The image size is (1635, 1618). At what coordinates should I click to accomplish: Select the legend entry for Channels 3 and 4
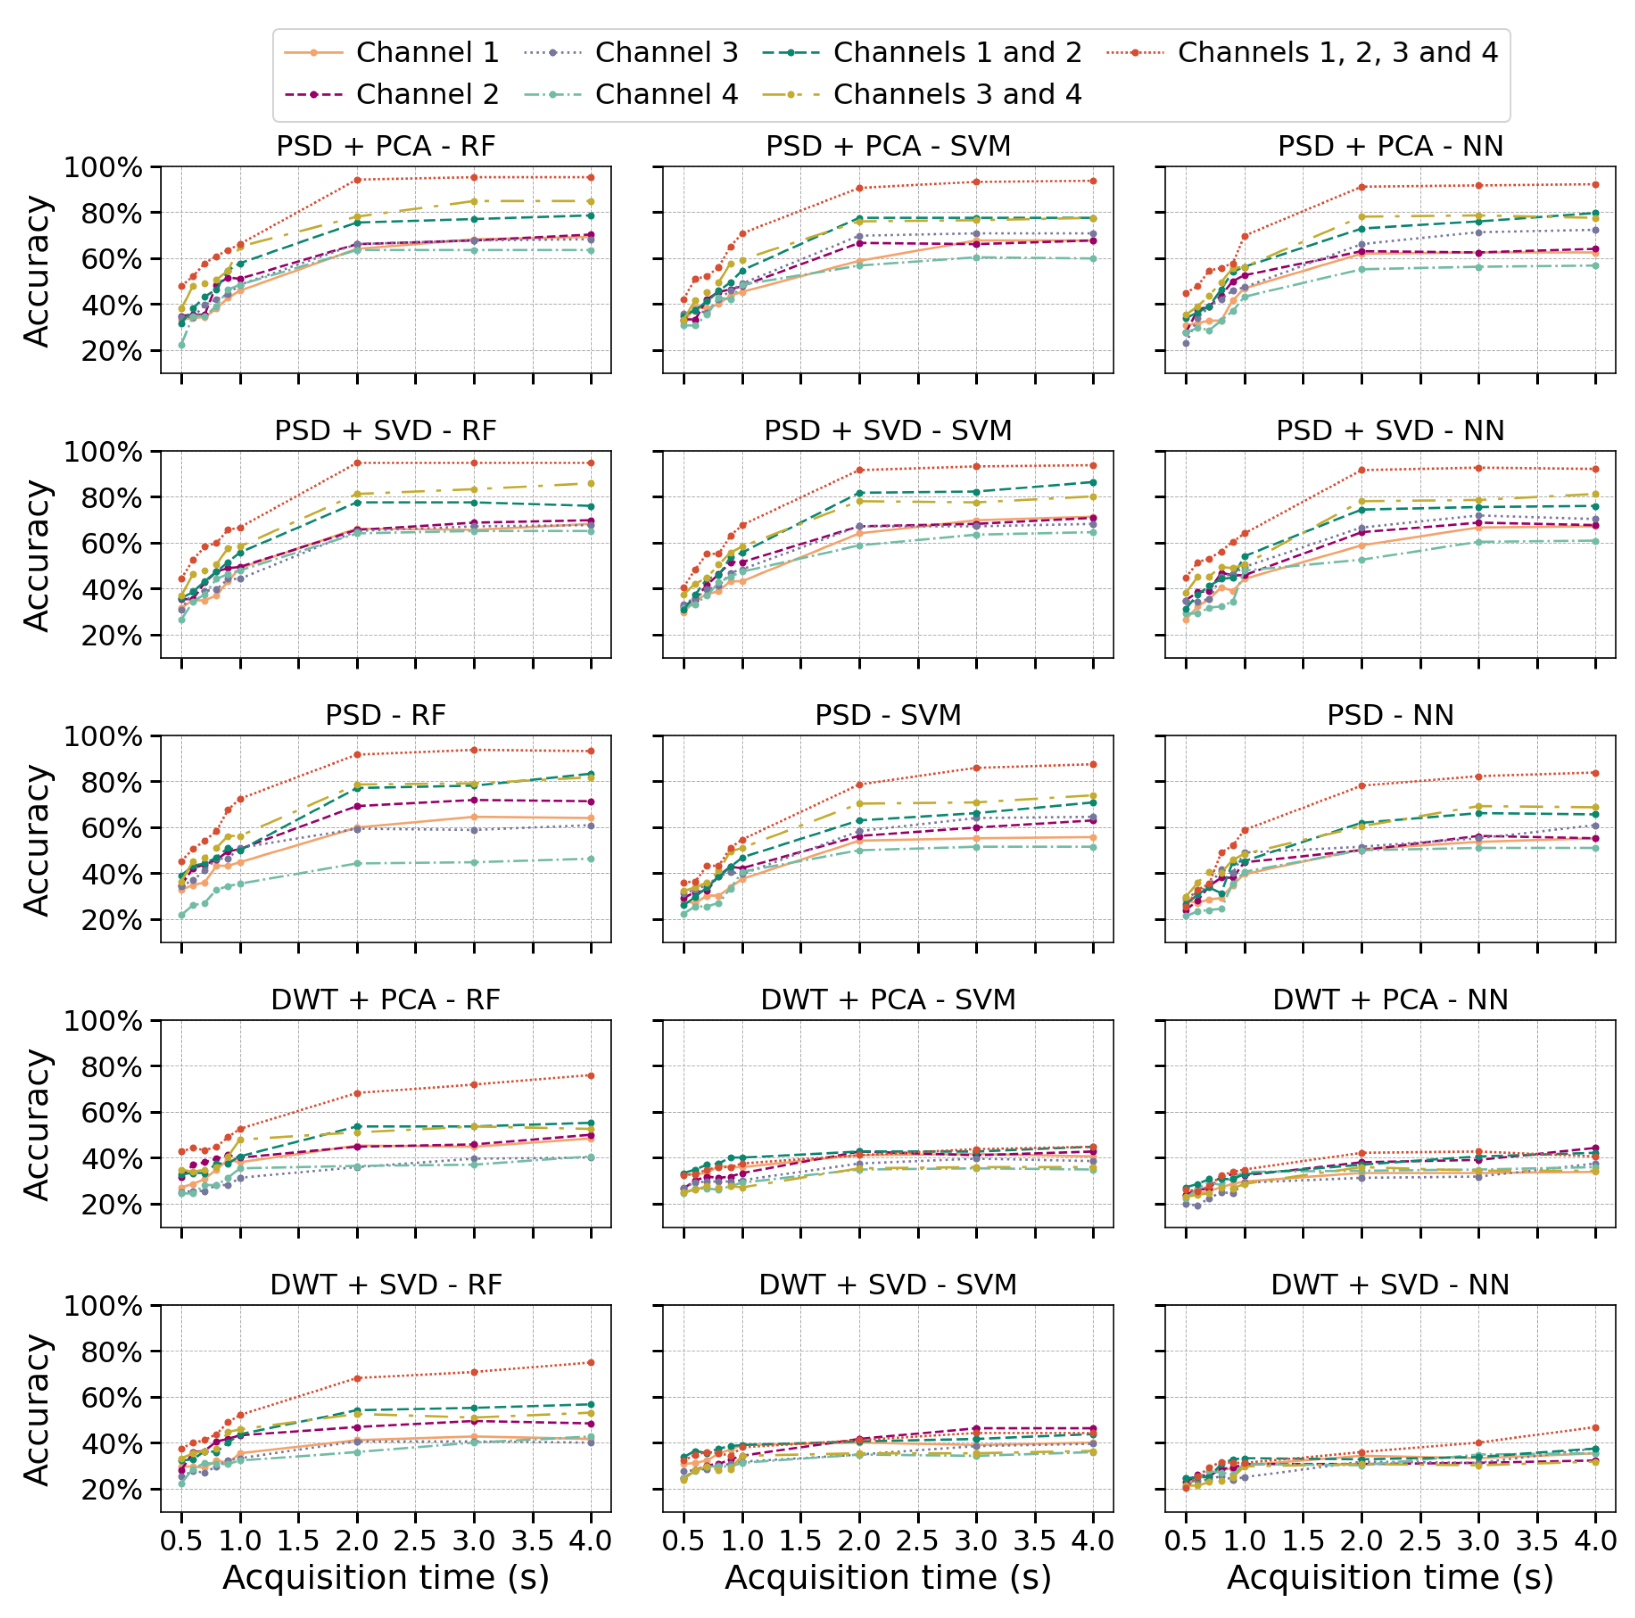(x=957, y=94)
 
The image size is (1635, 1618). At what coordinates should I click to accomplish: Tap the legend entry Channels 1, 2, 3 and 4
(x=1337, y=52)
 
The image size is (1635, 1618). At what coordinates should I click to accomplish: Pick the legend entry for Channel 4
(x=666, y=94)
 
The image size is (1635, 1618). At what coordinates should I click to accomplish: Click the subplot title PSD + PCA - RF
(x=386, y=147)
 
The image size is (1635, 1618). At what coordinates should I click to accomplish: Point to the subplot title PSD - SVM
(x=888, y=715)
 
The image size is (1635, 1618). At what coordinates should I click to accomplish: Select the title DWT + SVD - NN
(x=1390, y=1285)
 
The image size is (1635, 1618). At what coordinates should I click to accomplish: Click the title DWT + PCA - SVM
(x=888, y=999)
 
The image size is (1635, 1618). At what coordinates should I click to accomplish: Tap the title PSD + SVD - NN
(x=1390, y=431)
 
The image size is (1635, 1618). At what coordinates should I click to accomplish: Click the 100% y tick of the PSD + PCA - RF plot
(x=103, y=168)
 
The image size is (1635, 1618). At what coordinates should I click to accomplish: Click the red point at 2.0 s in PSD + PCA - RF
(x=357, y=179)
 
